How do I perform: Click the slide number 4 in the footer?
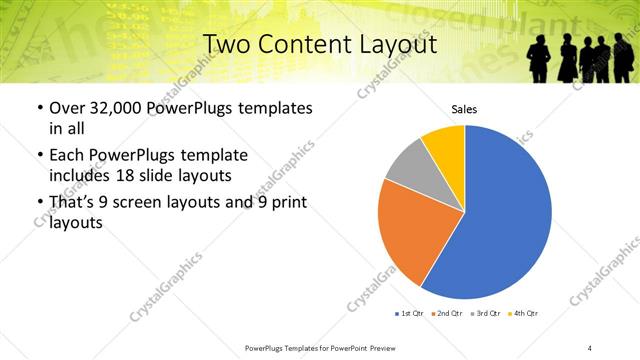(x=590, y=347)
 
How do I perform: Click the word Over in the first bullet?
(x=67, y=108)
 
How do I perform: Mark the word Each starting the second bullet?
(x=66, y=155)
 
